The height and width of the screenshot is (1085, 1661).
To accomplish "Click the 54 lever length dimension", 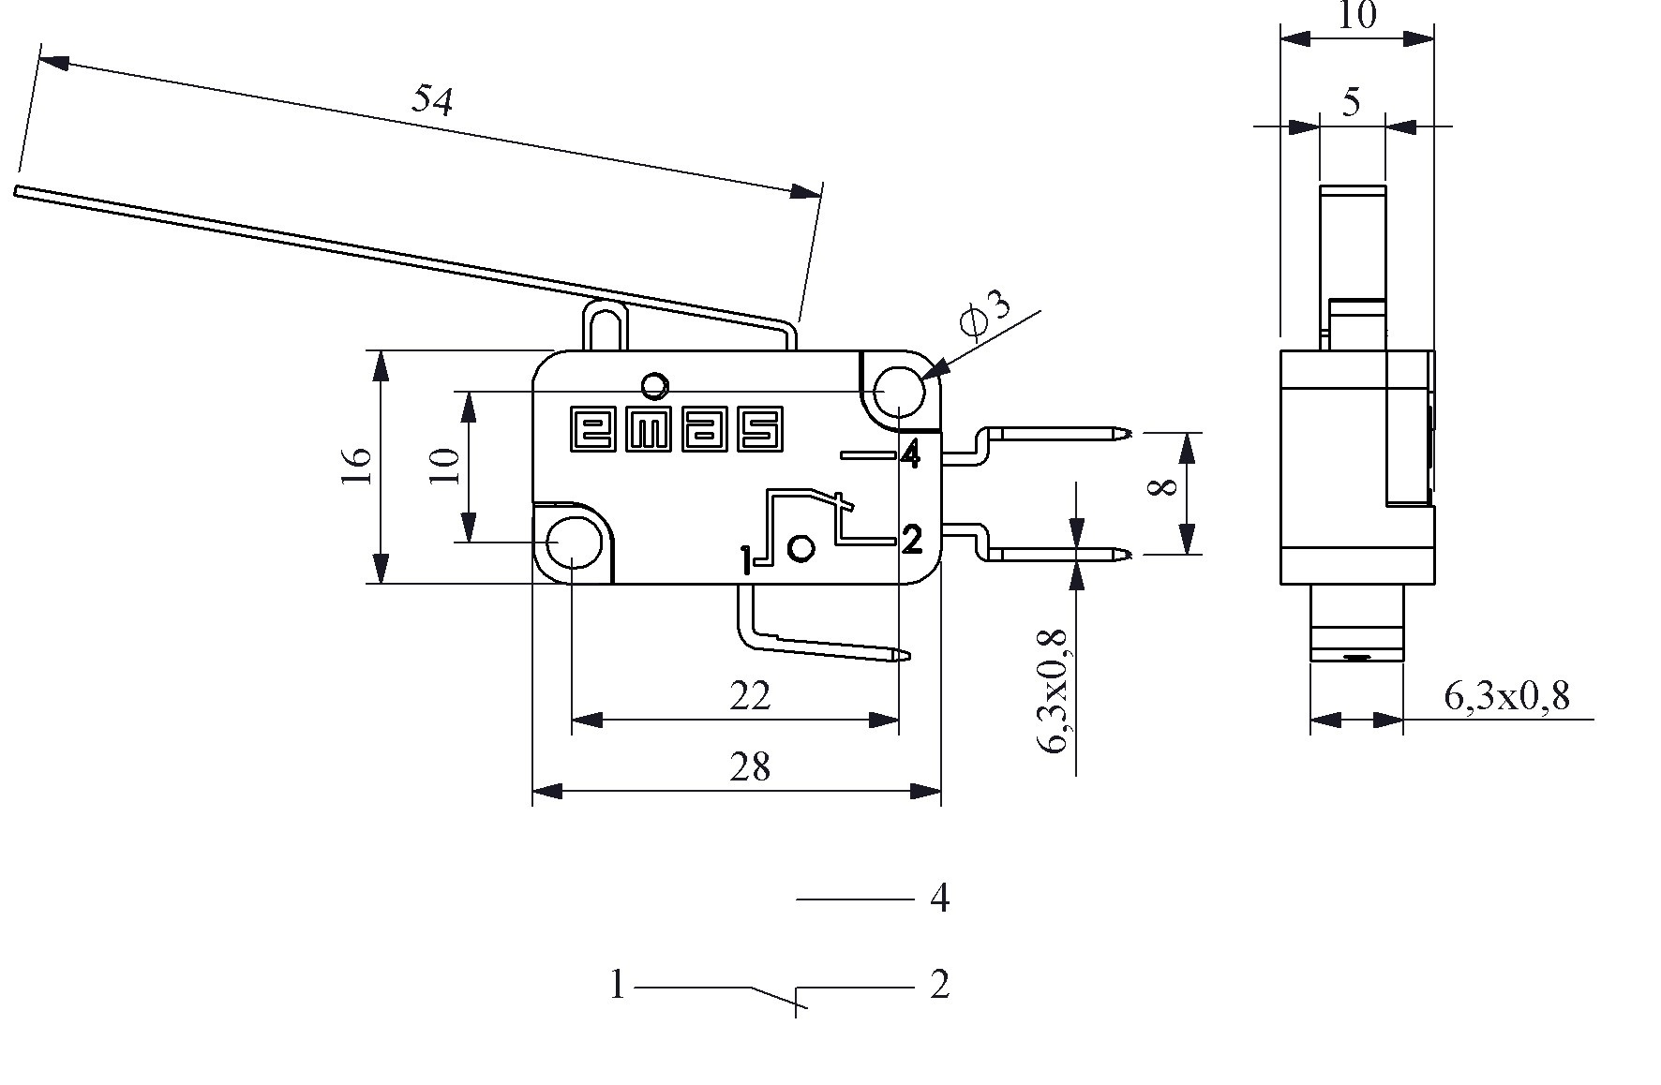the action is (432, 100).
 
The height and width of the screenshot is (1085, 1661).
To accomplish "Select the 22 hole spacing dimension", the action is (750, 696).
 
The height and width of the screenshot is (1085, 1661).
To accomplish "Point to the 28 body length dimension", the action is (750, 767).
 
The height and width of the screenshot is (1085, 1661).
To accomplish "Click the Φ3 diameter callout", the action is (986, 314).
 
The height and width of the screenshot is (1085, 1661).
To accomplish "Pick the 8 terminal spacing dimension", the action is (1162, 488).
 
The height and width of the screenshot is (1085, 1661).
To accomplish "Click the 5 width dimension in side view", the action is (1351, 102).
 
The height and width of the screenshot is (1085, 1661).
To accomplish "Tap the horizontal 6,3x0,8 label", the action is (1506, 697).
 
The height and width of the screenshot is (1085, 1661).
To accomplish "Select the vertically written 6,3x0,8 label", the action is (1054, 691).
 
